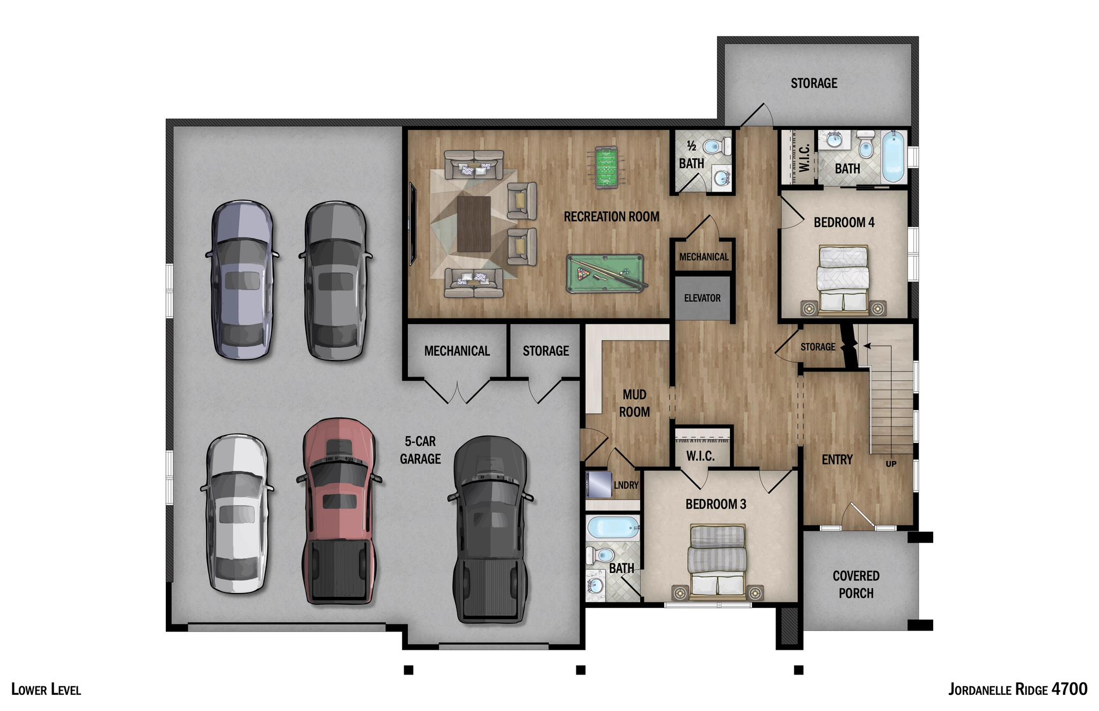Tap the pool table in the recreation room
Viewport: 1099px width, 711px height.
pyautogui.click(x=605, y=273)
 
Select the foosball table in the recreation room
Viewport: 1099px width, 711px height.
pyautogui.click(x=606, y=167)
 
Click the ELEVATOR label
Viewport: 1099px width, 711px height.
pyautogui.click(x=702, y=298)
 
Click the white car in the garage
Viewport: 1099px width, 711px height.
pyautogui.click(x=237, y=514)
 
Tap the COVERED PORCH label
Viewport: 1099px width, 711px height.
pyautogui.click(x=856, y=584)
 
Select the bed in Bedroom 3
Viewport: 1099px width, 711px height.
pyautogui.click(x=717, y=561)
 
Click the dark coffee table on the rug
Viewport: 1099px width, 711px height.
pyautogui.click(x=473, y=224)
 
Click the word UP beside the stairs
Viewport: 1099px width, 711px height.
pyautogui.click(x=891, y=464)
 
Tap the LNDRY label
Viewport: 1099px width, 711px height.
pyautogui.click(x=626, y=485)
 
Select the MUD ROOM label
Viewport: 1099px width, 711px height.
pyautogui.click(x=634, y=404)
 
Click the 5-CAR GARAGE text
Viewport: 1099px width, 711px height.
pyautogui.click(x=420, y=450)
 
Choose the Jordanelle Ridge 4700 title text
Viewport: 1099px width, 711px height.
pyautogui.click(x=1017, y=689)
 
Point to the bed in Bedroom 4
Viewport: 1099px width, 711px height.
pyautogui.click(x=842, y=279)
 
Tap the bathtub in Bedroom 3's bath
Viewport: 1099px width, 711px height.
pyautogui.click(x=612, y=528)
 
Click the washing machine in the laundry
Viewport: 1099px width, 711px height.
pyautogui.click(x=598, y=485)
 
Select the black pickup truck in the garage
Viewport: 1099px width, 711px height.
pyautogui.click(x=489, y=530)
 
